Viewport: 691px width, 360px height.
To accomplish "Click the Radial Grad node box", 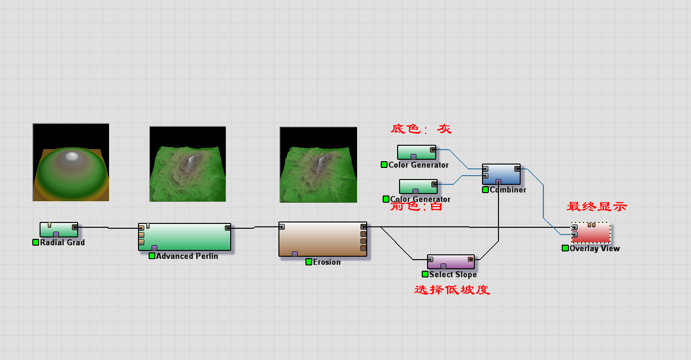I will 58,229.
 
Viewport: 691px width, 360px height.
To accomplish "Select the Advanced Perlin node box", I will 184,236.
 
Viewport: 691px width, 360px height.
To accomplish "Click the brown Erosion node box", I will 322,239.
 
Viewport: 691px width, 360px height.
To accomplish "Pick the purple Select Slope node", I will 451,262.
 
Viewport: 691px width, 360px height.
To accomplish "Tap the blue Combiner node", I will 501,174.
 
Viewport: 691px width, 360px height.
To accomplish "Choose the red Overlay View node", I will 591,233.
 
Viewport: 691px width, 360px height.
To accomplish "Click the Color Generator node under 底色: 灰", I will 416,152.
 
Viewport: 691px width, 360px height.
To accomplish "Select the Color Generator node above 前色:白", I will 418,186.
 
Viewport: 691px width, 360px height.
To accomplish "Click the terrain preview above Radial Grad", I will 71,162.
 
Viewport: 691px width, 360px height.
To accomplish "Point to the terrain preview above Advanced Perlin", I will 188,164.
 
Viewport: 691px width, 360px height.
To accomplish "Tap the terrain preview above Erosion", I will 318,165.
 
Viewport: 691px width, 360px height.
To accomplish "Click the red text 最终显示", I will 596,207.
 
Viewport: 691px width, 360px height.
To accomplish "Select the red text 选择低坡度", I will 452,290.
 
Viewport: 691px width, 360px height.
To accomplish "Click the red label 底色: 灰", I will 421,129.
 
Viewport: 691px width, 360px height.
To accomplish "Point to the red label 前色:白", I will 416,207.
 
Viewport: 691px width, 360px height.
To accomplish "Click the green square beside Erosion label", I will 309,262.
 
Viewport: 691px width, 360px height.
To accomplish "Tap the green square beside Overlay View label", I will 565,248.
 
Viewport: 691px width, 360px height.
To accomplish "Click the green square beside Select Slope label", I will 425,274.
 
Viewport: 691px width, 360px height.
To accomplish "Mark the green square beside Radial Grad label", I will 36,242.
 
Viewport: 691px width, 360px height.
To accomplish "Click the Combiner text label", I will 508,190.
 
